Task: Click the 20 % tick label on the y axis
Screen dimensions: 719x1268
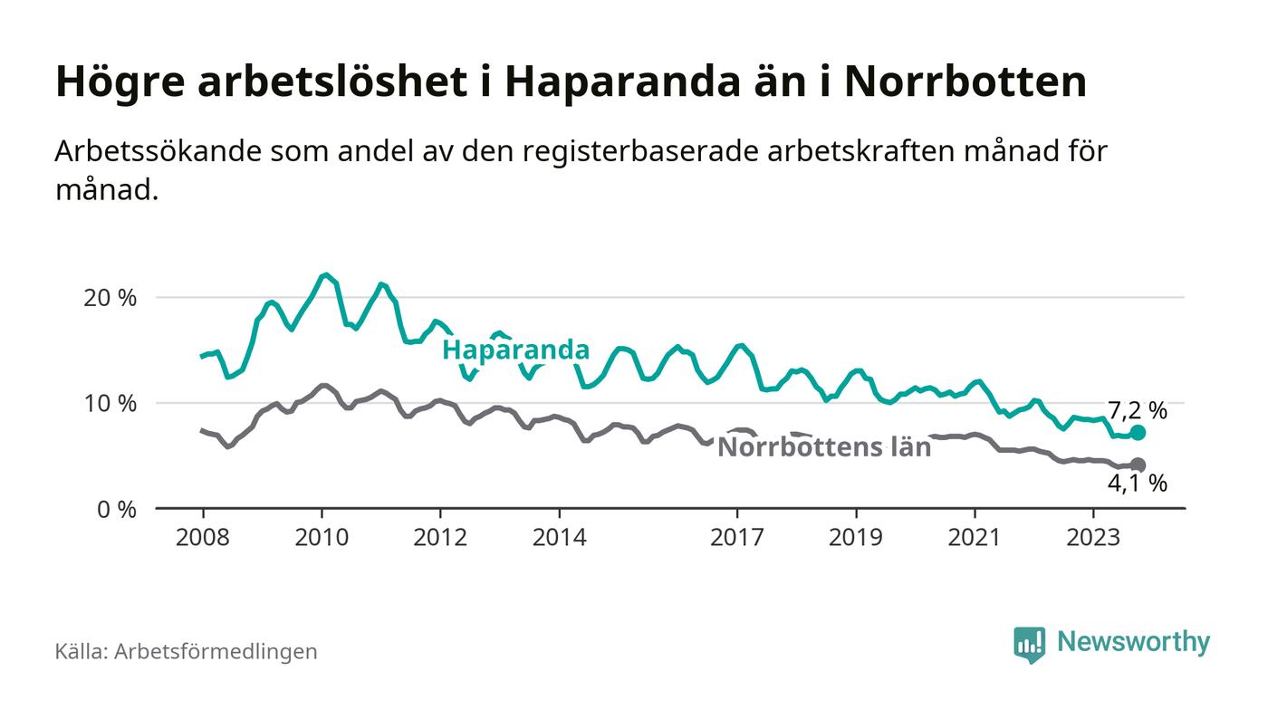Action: coord(111,298)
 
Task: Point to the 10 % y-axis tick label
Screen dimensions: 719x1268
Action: coord(111,404)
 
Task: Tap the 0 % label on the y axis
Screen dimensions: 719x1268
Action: coord(117,510)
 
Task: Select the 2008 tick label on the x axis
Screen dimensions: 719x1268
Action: coord(202,537)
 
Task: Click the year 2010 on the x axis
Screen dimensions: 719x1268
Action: coord(322,537)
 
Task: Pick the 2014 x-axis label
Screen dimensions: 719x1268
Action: coord(560,537)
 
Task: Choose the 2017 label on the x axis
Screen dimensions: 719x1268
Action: coord(738,537)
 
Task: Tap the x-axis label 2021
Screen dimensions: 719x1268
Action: coord(975,537)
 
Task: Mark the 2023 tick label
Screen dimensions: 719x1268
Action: coord(1093,537)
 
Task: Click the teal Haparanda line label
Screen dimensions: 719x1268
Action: coord(515,350)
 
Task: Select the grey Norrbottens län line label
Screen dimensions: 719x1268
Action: coord(823,447)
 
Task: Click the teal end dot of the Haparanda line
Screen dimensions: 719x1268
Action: coord(1138,433)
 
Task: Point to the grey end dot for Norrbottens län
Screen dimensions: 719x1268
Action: coord(1138,465)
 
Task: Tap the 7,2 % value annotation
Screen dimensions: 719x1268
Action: coord(1137,411)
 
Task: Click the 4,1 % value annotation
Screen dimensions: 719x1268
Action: coord(1137,484)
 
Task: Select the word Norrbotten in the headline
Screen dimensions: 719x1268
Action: coord(965,81)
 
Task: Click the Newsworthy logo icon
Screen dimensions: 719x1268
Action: coord(1029,645)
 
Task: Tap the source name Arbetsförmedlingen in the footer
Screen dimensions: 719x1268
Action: coord(216,651)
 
